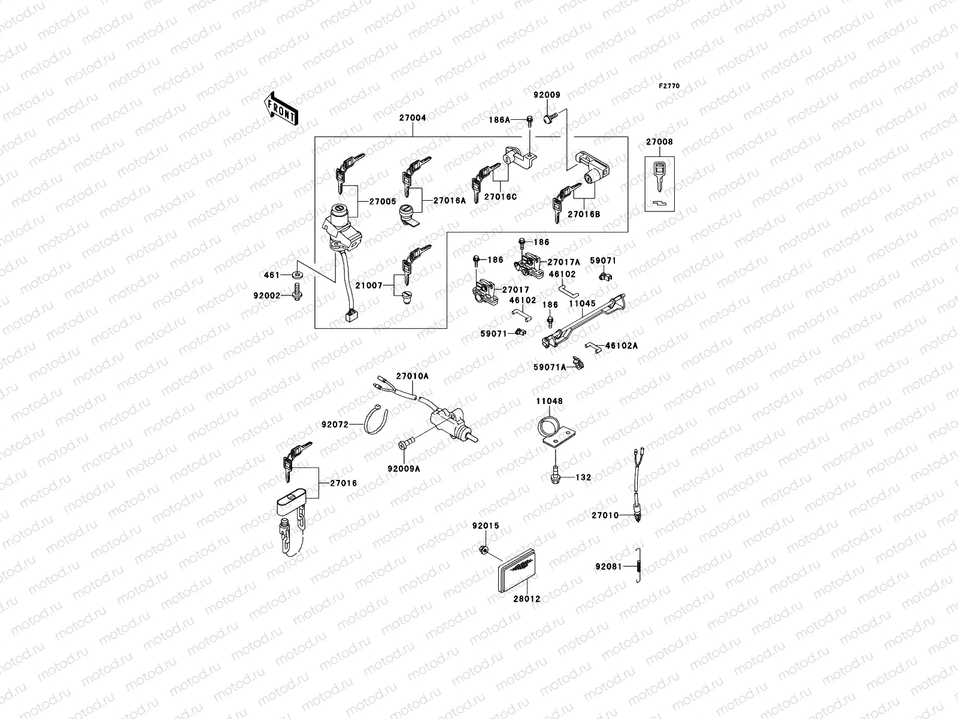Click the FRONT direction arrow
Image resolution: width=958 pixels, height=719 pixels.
pos(282,108)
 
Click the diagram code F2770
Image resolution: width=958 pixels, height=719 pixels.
pos(669,86)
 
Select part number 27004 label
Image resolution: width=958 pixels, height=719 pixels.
pos(413,118)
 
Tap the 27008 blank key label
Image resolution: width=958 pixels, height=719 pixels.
pos(659,142)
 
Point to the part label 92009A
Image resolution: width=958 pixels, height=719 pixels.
pos(404,469)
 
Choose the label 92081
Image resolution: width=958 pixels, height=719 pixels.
pos(608,566)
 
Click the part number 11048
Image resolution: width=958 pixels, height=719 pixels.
pos(549,401)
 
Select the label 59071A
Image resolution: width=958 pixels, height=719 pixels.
pos(550,367)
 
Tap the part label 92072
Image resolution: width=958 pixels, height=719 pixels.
pos(335,424)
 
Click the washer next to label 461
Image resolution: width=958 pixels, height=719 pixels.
pos(298,275)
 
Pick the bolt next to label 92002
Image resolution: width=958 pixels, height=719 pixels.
pos(296,293)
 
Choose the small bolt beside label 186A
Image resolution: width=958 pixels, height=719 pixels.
pos(529,121)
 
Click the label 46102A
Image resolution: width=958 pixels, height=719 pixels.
pos(622,346)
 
